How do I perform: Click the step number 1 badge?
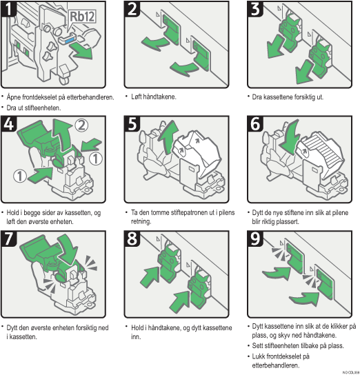click(x=9, y=10)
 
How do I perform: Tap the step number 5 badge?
click(x=132, y=125)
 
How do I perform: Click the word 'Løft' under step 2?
click(x=137, y=97)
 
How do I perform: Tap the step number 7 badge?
click(x=9, y=240)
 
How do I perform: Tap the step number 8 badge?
click(x=132, y=240)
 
